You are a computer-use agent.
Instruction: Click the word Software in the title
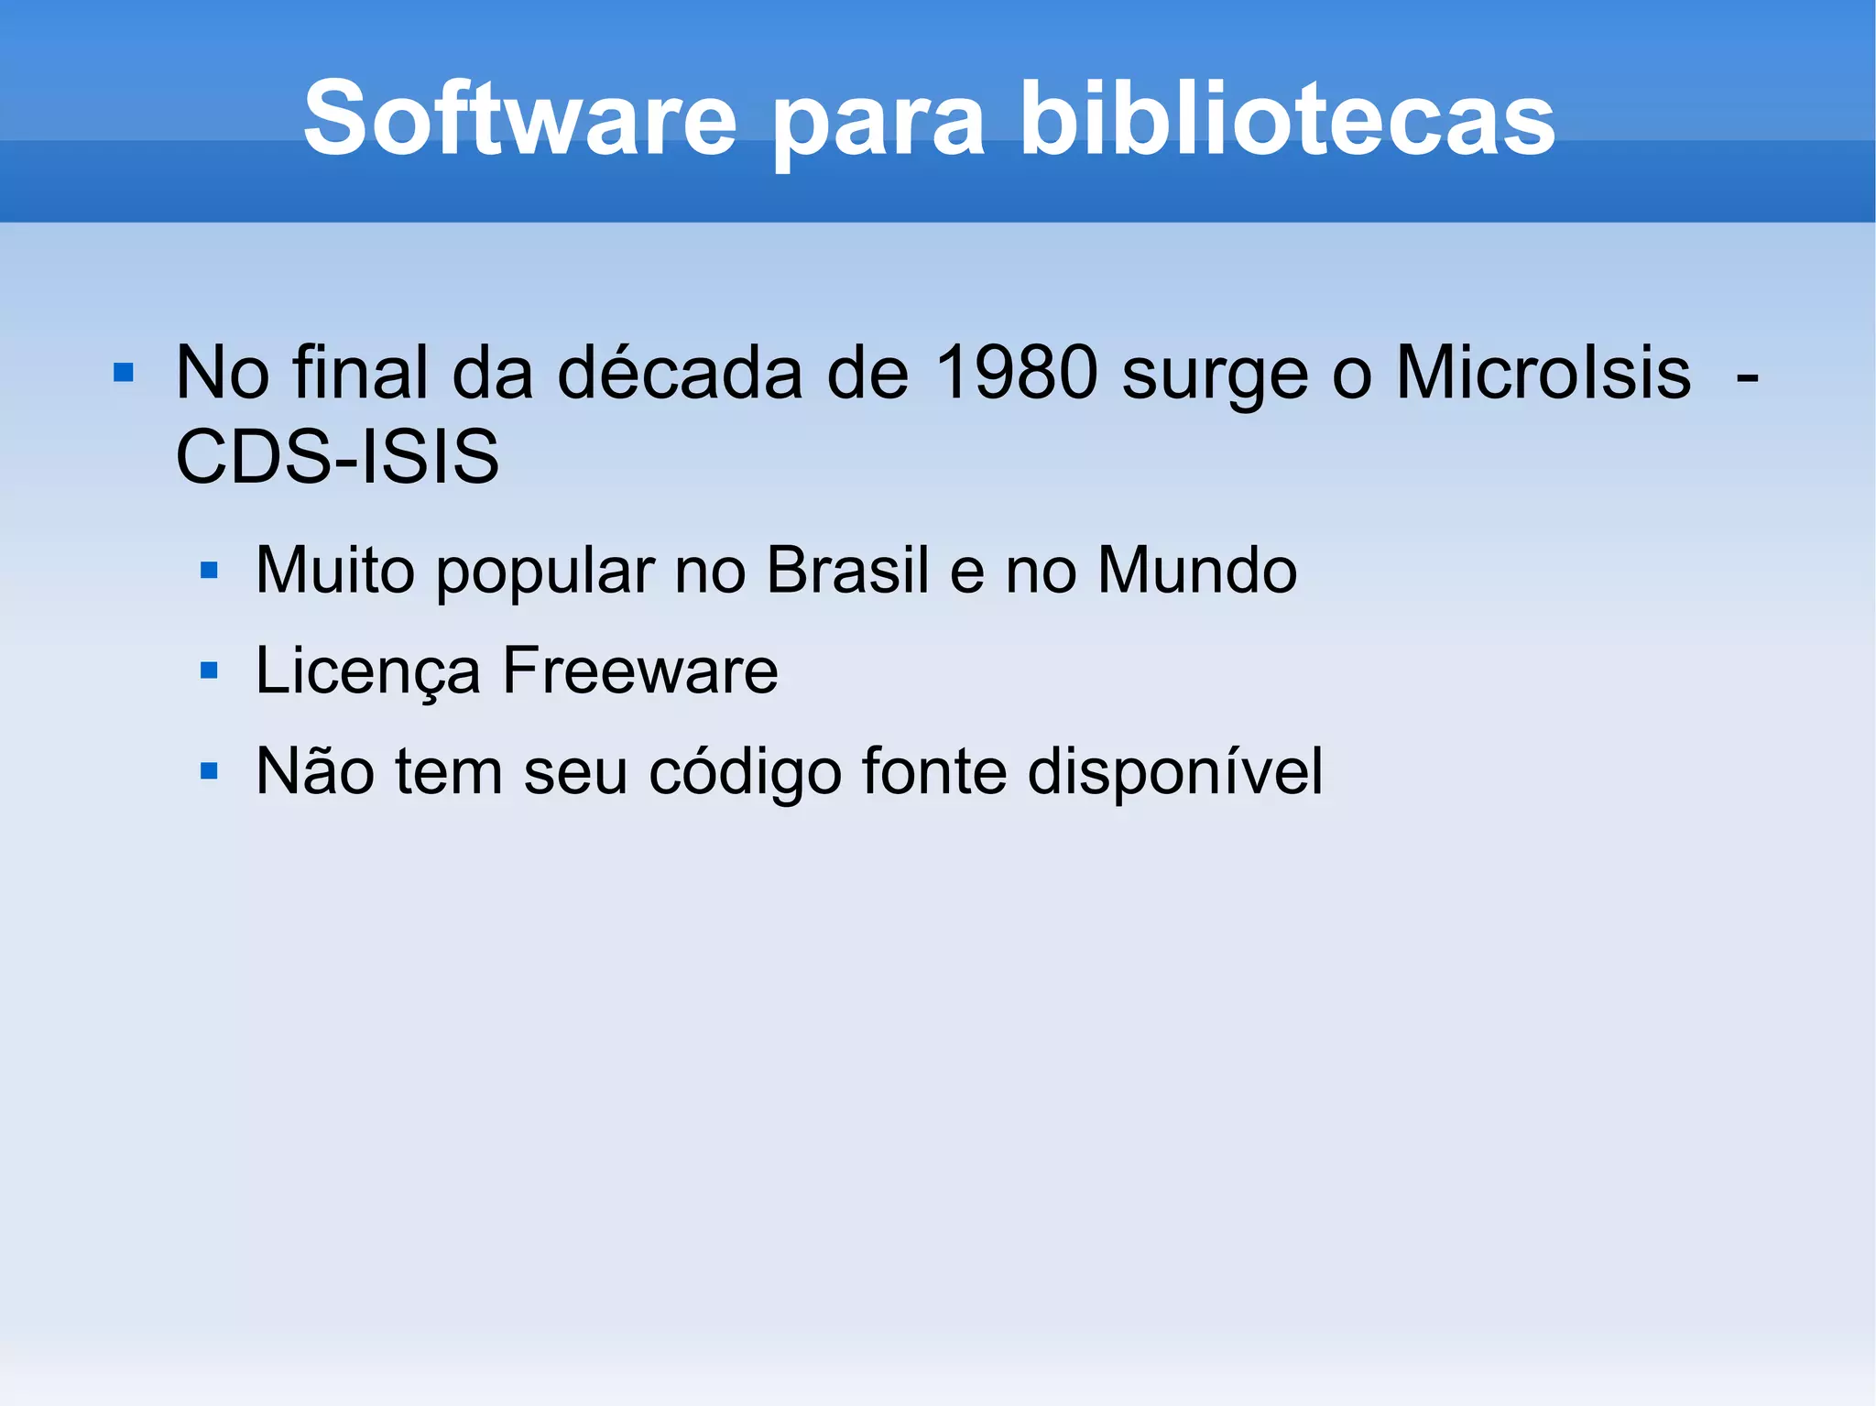(x=519, y=119)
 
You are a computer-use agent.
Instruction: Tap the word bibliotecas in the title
(x=1287, y=119)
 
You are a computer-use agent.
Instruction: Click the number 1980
(x=1017, y=373)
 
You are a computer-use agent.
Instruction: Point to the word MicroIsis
(x=1543, y=373)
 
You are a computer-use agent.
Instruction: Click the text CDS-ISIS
(x=337, y=456)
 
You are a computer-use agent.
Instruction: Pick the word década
(x=680, y=373)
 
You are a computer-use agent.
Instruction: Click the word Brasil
(x=847, y=570)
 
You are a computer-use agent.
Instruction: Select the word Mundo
(x=1196, y=570)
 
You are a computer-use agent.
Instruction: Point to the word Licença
(x=367, y=671)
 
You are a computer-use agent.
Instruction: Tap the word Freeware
(x=640, y=670)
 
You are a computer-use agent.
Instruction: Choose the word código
(x=745, y=772)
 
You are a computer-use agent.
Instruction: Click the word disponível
(x=1174, y=772)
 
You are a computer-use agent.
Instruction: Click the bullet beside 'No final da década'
(x=124, y=374)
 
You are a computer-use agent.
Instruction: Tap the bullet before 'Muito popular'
(x=209, y=571)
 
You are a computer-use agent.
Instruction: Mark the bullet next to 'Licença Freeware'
(x=209, y=670)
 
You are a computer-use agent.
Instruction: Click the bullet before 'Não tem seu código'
(x=209, y=771)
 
